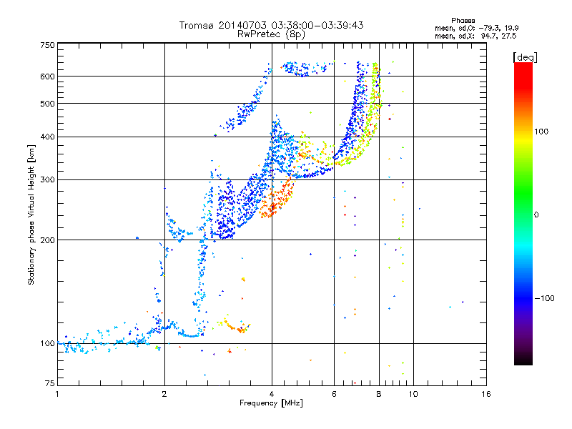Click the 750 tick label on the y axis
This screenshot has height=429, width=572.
pyautogui.click(x=47, y=44)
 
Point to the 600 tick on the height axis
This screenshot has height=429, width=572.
pyautogui.click(x=47, y=76)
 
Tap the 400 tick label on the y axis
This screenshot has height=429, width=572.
pyautogui.click(x=47, y=137)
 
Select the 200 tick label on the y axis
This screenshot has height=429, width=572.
pyautogui.click(x=47, y=240)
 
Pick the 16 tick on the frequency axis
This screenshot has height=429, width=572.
pyautogui.click(x=485, y=394)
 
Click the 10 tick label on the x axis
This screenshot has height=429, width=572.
pyautogui.click(x=413, y=394)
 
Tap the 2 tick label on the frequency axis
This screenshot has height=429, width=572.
pyautogui.click(x=164, y=394)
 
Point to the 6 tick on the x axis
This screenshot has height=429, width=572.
pyautogui.click(x=334, y=394)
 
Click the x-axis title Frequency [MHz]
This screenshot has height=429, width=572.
pyautogui.click(x=271, y=403)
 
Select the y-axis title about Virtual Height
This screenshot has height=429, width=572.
pyautogui.click(x=31, y=214)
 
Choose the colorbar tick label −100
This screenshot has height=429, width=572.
pyautogui.click(x=544, y=297)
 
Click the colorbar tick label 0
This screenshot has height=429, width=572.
pyautogui.click(x=541, y=214)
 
